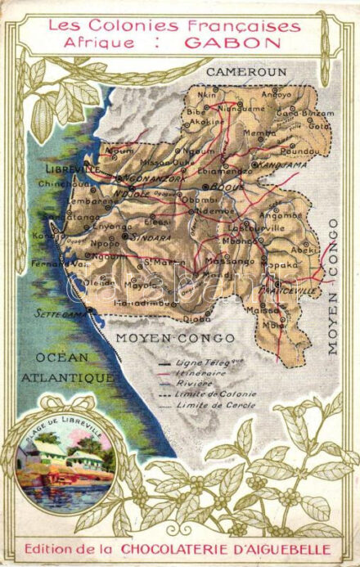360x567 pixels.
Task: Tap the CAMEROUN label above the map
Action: [x=245, y=72]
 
